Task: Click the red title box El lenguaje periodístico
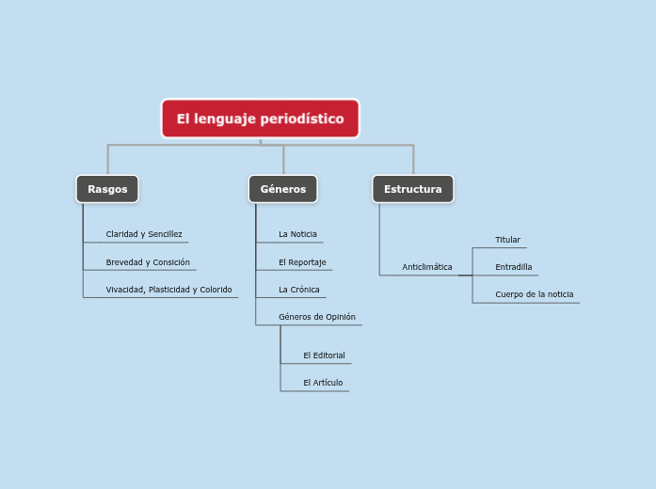click(x=260, y=118)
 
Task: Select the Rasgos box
click(x=107, y=189)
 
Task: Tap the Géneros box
click(x=282, y=189)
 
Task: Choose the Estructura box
click(x=412, y=189)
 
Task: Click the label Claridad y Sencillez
click(x=144, y=234)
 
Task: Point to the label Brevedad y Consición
click(x=148, y=262)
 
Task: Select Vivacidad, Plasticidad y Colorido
click(x=168, y=290)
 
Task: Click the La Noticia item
click(x=297, y=234)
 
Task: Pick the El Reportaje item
click(x=302, y=262)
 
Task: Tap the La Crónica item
click(x=298, y=290)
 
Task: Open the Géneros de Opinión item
click(x=316, y=317)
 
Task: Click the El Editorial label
click(x=324, y=355)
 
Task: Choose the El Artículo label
click(x=323, y=383)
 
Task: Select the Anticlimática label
click(x=427, y=267)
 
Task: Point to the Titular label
click(x=507, y=240)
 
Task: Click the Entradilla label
click(x=513, y=267)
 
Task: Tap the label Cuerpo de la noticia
click(x=534, y=294)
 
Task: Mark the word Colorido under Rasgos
click(x=215, y=290)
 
